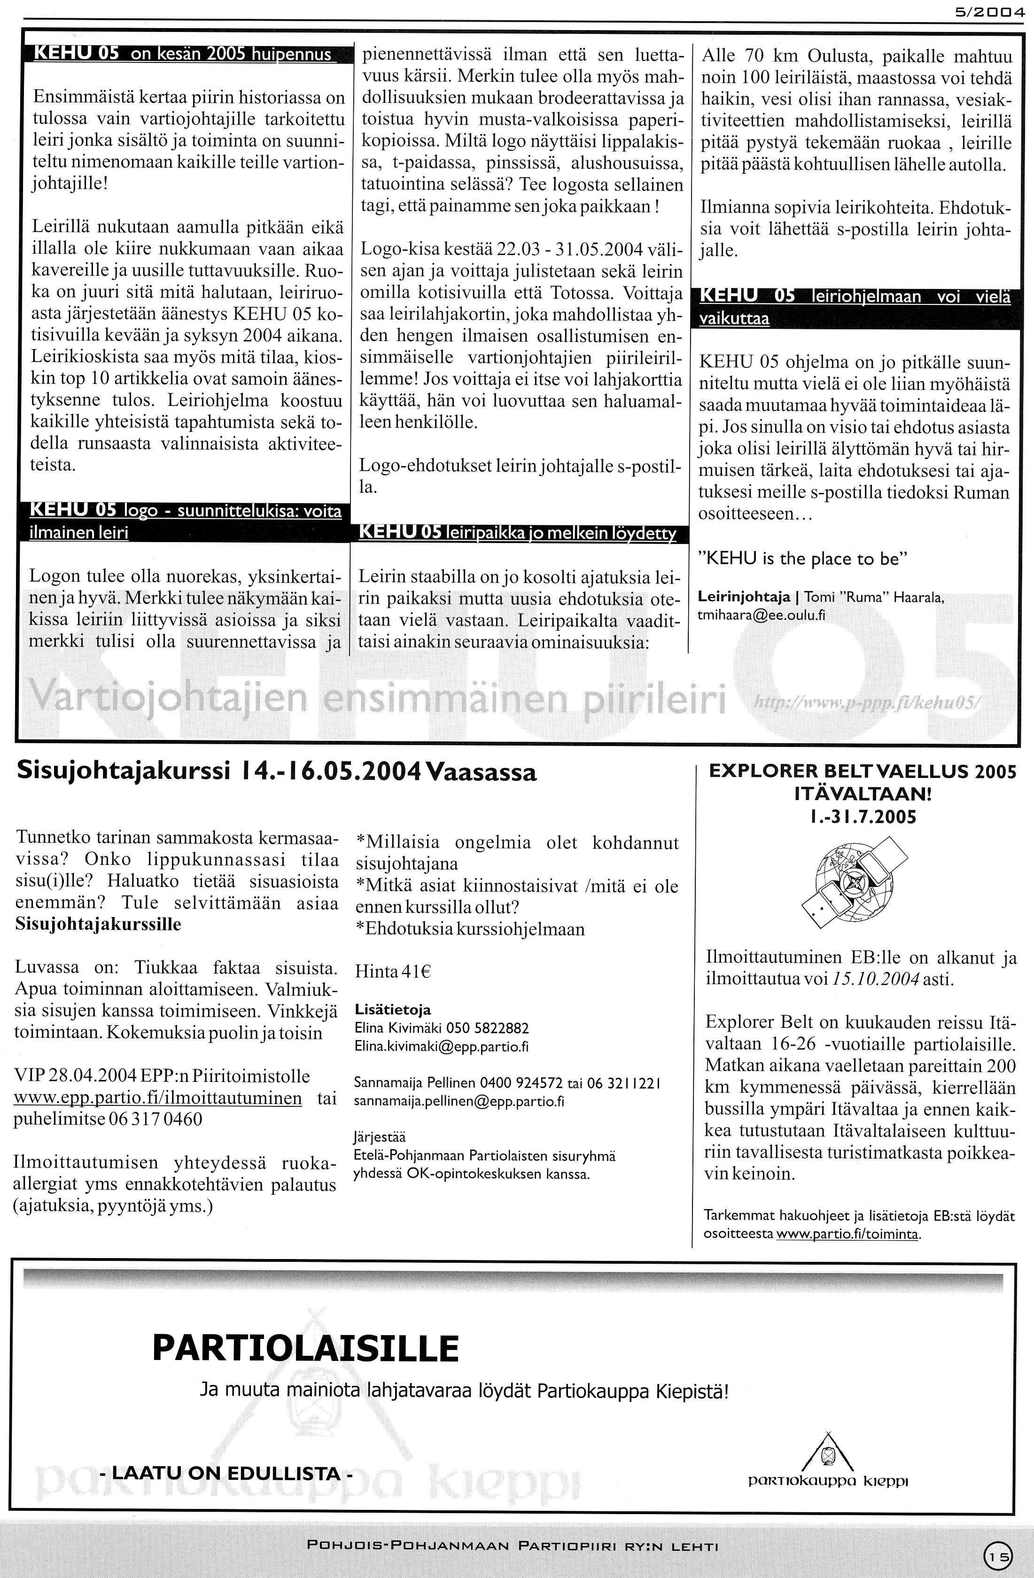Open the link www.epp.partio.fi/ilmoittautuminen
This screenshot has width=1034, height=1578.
click(x=158, y=1097)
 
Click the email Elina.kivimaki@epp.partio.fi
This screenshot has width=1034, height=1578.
click(x=442, y=1047)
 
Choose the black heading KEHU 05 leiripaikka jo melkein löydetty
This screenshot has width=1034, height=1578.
click(x=517, y=534)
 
